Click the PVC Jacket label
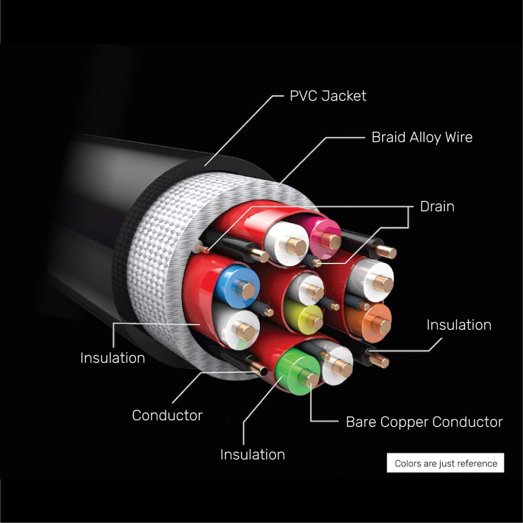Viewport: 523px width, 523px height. tap(327, 96)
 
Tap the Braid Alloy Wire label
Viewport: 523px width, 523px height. tap(422, 138)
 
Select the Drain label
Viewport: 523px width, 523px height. tap(437, 207)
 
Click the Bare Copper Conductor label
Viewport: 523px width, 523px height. tap(424, 422)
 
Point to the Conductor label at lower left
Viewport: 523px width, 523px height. tap(167, 415)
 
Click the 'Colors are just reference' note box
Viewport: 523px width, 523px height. tap(445, 463)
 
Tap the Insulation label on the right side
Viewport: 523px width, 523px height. tap(459, 325)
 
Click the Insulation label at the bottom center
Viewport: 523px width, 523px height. tap(252, 455)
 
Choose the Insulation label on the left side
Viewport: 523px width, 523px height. tap(112, 358)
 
